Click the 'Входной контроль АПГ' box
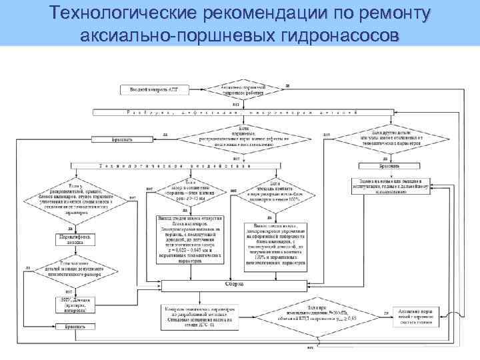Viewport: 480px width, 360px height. click(x=153, y=89)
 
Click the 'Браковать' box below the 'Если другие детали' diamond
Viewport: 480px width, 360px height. click(x=389, y=165)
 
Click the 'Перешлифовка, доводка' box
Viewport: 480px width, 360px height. click(x=75, y=240)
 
